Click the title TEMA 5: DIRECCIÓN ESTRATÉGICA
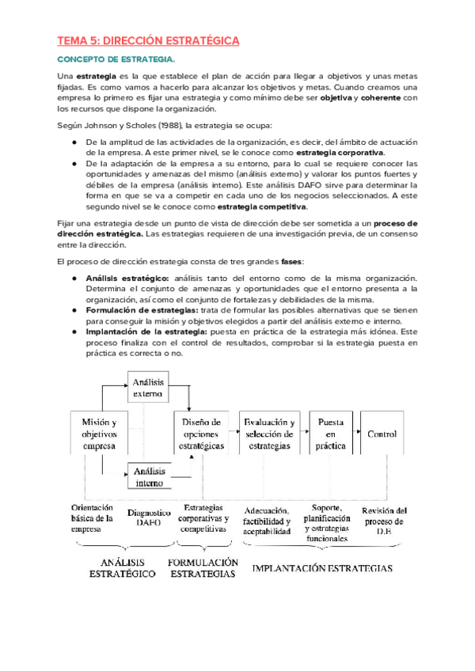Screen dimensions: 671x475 [148, 40]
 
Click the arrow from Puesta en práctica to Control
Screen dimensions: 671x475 [355, 432]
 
